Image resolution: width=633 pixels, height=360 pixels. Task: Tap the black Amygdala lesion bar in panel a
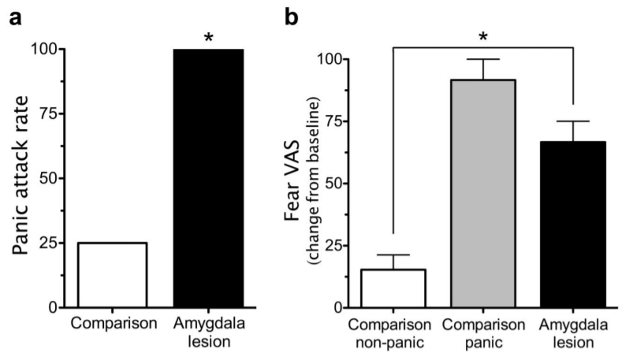click(x=208, y=178)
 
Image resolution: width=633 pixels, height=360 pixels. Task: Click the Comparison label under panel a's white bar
click(x=112, y=324)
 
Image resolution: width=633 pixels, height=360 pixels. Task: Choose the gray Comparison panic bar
click(x=483, y=193)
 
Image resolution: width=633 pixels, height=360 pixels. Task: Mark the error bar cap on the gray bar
click(x=483, y=59)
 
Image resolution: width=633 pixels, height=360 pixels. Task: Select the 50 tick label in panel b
click(x=342, y=183)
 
